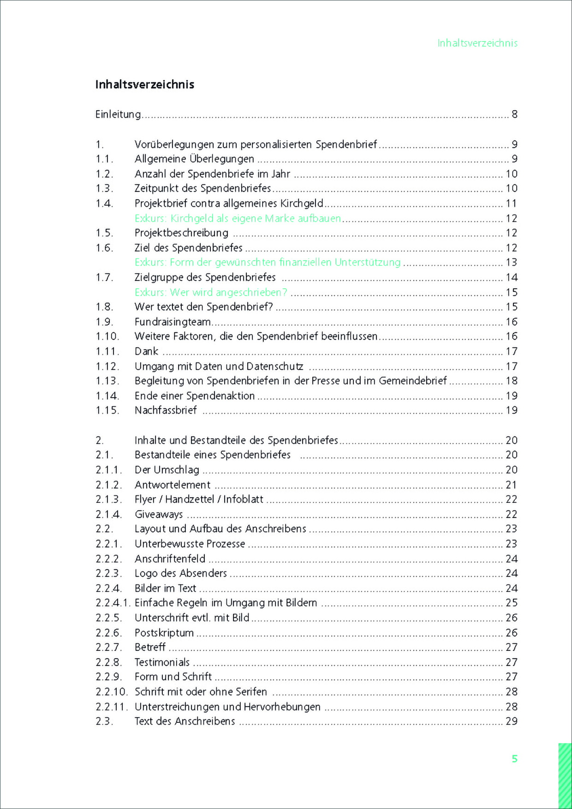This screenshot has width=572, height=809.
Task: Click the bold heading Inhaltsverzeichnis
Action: pyautogui.click(x=144, y=84)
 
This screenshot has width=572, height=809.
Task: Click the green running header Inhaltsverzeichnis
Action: pyautogui.click(x=477, y=43)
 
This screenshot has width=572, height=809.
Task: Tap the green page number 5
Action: pyautogui.click(x=514, y=759)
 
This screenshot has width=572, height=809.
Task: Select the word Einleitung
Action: pyautogui.click(x=118, y=114)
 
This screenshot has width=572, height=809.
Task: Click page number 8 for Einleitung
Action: pyautogui.click(x=514, y=114)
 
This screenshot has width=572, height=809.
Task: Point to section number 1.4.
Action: pyautogui.click(x=104, y=203)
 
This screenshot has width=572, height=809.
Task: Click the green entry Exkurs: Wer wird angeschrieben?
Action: pyautogui.click(x=210, y=292)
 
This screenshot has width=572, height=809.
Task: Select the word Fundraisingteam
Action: pyautogui.click(x=173, y=322)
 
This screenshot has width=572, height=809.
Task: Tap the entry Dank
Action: pyautogui.click(x=146, y=351)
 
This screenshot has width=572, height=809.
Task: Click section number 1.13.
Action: pyautogui.click(x=107, y=381)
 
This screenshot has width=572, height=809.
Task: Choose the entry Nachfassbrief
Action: pyautogui.click(x=166, y=410)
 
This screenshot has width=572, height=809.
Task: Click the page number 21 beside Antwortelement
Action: pyautogui.click(x=511, y=485)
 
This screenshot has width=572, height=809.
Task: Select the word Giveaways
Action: pyautogui.click(x=159, y=514)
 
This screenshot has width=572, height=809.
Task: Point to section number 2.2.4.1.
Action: pyautogui.click(x=113, y=603)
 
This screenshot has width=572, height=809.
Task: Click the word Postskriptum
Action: pyautogui.click(x=164, y=633)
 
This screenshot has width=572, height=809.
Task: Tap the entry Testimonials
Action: pyautogui.click(x=162, y=662)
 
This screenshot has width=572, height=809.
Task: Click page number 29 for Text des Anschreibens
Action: pyautogui.click(x=511, y=721)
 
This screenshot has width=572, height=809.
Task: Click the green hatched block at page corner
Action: pyautogui.click(x=565, y=775)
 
